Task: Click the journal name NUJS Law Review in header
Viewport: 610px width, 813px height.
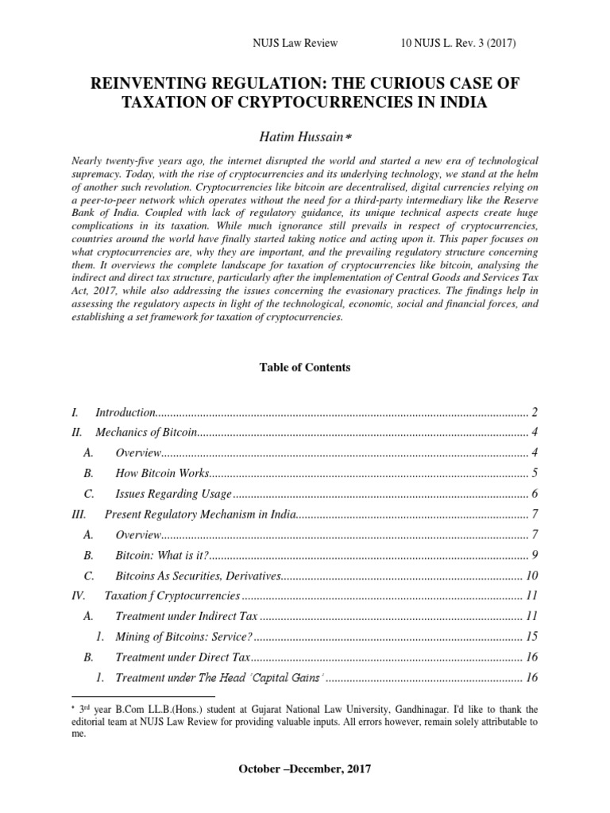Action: [295, 44]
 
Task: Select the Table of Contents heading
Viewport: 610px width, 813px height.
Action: [305, 368]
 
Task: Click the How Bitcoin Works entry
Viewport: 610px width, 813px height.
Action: [162, 473]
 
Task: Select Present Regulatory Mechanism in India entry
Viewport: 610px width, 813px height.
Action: [199, 514]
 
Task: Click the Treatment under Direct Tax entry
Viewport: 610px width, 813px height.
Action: [183, 657]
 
